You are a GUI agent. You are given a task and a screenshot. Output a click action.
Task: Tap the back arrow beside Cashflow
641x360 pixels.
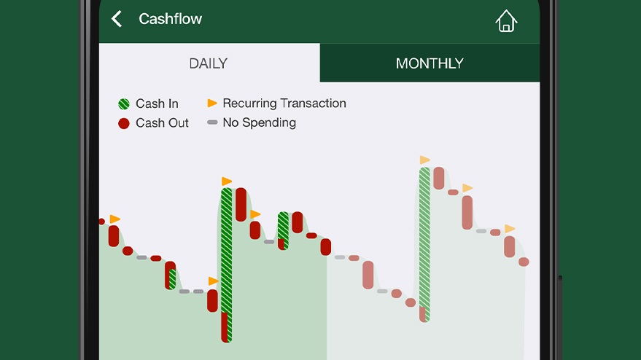click(117, 19)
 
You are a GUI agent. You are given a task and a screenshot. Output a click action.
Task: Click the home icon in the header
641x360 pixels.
click(506, 21)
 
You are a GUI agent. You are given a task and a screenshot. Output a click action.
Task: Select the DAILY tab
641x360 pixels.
click(209, 63)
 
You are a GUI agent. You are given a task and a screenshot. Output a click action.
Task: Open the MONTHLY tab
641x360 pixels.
click(430, 63)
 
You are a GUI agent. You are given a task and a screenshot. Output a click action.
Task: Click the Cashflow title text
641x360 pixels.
click(170, 19)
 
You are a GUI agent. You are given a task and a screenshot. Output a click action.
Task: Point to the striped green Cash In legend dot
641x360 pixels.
click(124, 103)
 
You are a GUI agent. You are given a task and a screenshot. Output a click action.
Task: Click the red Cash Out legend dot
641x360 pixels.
click(124, 123)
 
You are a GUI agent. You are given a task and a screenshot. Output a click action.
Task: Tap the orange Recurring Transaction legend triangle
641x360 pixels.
click(212, 103)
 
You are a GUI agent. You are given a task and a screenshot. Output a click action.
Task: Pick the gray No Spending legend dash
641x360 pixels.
click(212, 122)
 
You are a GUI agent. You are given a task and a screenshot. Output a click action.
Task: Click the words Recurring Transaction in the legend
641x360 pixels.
click(284, 103)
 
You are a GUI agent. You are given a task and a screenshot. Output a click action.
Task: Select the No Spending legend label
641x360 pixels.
click(259, 122)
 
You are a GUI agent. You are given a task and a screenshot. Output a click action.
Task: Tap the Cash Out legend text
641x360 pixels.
click(162, 123)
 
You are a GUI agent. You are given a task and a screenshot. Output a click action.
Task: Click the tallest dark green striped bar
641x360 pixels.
click(227, 265)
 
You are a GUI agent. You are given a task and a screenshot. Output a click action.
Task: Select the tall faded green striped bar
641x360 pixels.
click(424, 244)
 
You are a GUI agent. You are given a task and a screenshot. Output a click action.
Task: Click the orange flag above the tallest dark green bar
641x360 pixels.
click(227, 181)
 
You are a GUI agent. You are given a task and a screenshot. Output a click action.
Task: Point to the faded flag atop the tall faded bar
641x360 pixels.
click(424, 160)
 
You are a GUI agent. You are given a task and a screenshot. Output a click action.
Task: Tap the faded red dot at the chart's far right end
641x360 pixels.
click(524, 262)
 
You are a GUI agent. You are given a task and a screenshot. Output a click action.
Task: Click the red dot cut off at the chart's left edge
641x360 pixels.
click(102, 222)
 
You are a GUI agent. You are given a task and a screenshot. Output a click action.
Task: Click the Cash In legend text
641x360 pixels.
click(157, 103)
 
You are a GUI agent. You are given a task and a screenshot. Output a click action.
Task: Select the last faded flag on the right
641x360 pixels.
click(509, 228)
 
